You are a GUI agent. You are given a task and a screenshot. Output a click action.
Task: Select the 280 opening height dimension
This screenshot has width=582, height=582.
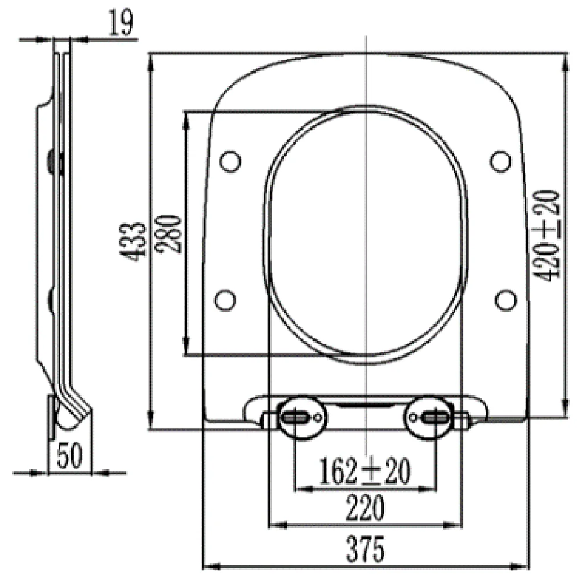(x=169, y=233)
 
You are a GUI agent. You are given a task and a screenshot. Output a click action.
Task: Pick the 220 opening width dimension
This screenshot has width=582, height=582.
(x=366, y=509)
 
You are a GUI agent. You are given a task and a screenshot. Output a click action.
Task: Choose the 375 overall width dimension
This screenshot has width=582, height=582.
(x=366, y=548)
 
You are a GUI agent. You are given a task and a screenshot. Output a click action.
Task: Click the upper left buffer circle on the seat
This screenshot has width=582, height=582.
(x=230, y=160)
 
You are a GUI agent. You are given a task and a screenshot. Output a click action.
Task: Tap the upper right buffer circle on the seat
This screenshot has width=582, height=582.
(x=500, y=160)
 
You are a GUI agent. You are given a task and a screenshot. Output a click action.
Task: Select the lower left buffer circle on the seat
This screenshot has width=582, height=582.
(x=225, y=299)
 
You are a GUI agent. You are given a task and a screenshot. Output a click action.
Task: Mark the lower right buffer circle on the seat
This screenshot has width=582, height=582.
(x=505, y=299)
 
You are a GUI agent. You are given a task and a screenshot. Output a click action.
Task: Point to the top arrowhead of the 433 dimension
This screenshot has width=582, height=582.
(x=151, y=58)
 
